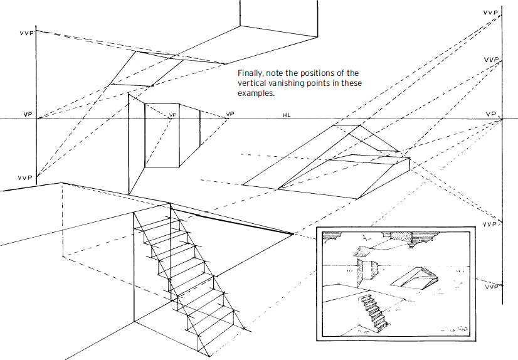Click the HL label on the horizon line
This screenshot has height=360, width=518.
click(287, 115)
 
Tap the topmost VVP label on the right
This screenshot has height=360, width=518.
click(491, 12)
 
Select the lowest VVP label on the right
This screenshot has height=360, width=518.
click(491, 286)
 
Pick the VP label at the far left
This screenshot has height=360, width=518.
click(27, 115)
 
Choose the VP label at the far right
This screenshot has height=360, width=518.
click(491, 115)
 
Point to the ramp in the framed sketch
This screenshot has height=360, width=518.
click(416, 276)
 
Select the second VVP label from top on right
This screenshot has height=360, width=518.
click(491, 60)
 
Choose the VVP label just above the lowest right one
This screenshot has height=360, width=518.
click(491, 224)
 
